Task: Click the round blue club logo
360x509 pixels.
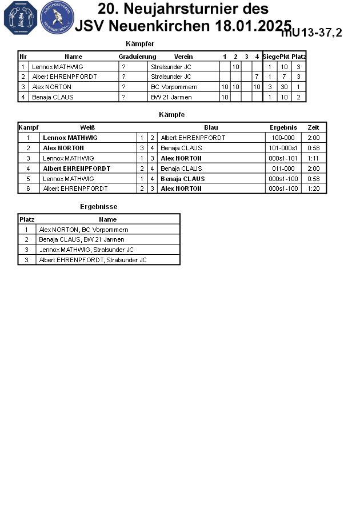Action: [x=57, y=17]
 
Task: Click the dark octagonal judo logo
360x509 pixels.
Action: [x=20, y=17]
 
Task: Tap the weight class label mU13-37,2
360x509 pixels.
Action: [x=311, y=33]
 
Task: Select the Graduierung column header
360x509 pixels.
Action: [x=137, y=57]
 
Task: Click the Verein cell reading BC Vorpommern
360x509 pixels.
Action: [x=174, y=87]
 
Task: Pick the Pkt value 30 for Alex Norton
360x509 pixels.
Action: [x=284, y=87]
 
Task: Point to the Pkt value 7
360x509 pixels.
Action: [x=284, y=77]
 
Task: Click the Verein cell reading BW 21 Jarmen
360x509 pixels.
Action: [x=171, y=97]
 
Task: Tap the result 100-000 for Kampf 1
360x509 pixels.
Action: [x=283, y=138]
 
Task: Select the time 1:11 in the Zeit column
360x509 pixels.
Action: [x=313, y=158]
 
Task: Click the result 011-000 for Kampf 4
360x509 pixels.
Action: [x=283, y=169]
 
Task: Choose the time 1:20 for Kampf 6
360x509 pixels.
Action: [x=313, y=189]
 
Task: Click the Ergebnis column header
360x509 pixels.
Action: [x=283, y=127]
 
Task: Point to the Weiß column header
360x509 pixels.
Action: [x=87, y=127]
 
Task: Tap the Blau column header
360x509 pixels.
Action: [x=211, y=127]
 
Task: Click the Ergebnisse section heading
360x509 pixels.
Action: [x=98, y=207]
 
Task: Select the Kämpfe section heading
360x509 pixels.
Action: [x=171, y=115]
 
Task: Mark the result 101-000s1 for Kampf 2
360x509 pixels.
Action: [x=283, y=148]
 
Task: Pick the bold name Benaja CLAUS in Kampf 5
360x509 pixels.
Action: [x=182, y=179]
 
